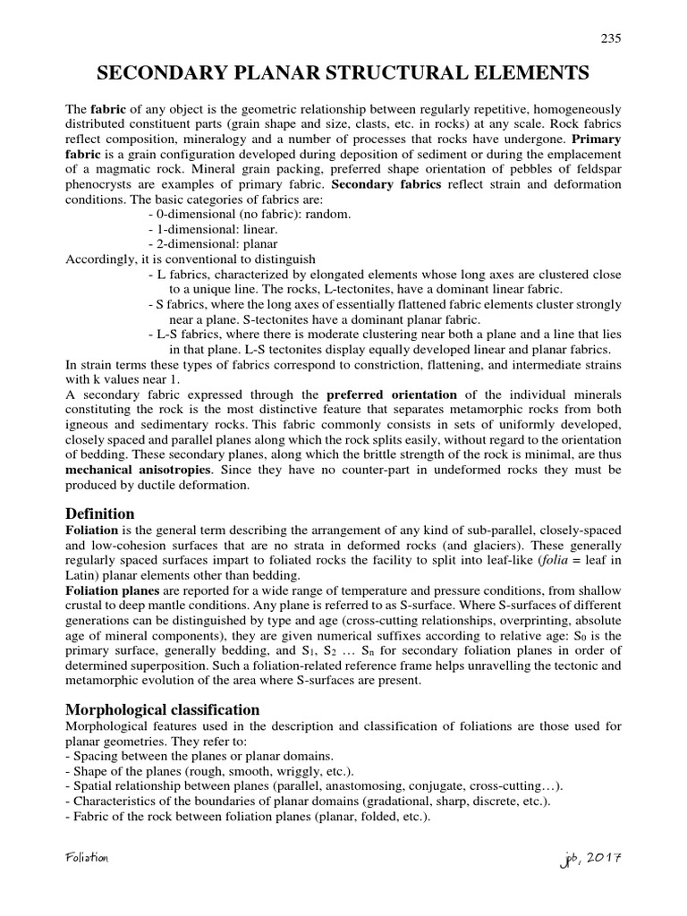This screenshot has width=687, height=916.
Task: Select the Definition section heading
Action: pyautogui.click(x=100, y=513)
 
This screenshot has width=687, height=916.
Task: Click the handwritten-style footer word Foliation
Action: pyautogui.click(x=87, y=858)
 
